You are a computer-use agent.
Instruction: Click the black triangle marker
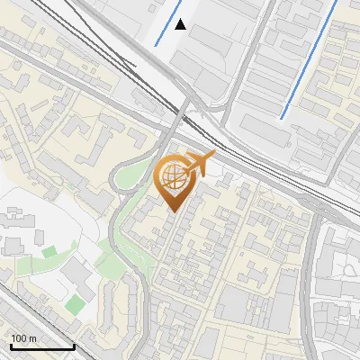181,24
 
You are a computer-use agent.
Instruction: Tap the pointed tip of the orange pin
171,211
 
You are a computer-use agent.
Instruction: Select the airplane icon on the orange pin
201,165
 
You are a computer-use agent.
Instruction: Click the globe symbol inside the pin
172,177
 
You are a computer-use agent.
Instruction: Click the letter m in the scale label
33,338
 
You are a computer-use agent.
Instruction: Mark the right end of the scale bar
74,346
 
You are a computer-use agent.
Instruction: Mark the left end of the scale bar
10,346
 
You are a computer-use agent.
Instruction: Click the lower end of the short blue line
156,45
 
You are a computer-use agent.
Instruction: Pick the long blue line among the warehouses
310,58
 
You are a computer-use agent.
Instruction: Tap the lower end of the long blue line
283,117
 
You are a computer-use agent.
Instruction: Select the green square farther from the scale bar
49,252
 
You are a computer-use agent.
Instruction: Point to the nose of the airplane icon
214,157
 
